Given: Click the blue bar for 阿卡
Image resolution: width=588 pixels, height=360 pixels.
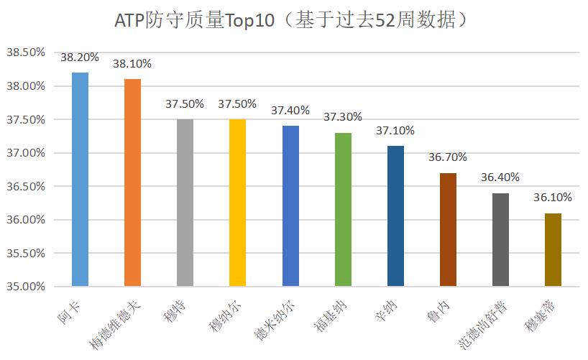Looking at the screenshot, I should point(80,179).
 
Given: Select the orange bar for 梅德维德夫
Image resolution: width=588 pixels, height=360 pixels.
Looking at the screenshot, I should point(132,183).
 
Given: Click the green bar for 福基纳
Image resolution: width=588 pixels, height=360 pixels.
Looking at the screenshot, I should point(343,209).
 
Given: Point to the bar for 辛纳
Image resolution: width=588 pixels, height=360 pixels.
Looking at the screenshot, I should point(395,216).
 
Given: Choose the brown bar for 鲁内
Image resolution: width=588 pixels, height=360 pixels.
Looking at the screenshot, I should point(448,229).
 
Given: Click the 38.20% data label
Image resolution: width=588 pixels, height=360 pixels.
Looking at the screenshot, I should point(80,58).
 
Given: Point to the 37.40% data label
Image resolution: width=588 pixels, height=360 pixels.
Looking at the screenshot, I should point(290,111).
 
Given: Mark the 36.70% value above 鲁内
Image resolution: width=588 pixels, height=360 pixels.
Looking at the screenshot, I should point(448,157).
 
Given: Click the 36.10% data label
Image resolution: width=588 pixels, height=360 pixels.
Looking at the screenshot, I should point(553,198).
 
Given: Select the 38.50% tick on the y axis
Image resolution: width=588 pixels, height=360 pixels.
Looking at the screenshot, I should point(26,52).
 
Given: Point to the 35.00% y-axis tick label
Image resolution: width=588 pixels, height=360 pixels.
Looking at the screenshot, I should point(26,286).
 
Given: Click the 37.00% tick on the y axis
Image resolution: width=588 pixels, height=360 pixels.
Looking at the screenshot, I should point(26,152).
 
